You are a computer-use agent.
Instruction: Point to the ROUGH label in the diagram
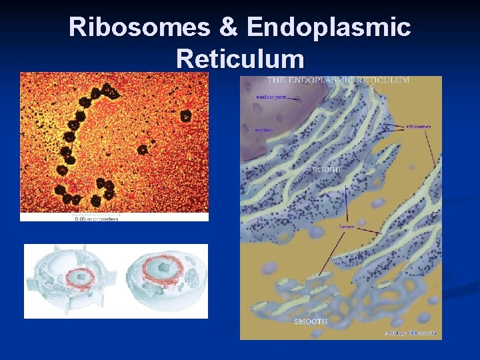[x=326, y=170]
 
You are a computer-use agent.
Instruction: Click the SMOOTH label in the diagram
[x=311, y=321]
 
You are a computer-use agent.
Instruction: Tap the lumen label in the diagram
[x=347, y=227]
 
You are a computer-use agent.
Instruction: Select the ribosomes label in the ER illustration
[x=417, y=126]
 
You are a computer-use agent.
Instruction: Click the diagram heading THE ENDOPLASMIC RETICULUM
[x=338, y=80]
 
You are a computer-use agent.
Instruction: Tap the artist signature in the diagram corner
[x=410, y=333]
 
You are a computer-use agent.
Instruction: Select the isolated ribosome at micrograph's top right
[x=185, y=116]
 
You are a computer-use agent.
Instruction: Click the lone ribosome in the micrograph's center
[x=142, y=150]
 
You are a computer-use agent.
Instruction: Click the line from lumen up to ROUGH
[x=346, y=204]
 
